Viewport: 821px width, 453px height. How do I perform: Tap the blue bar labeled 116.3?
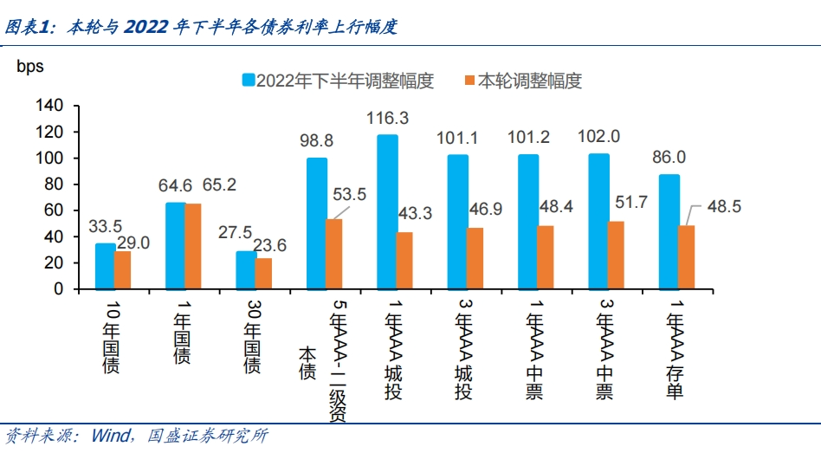click(x=387, y=212)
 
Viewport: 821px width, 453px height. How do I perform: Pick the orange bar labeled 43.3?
click(x=404, y=260)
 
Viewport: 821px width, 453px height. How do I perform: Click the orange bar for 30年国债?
click(x=263, y=273)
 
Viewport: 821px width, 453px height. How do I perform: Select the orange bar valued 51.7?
click(x=616, y=255)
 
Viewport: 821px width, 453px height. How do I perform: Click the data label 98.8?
click(x=317, y=140)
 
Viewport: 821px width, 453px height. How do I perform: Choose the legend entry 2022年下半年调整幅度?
click(x=339, y=81)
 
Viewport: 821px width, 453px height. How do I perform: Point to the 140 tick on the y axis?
click(x=48, y=106)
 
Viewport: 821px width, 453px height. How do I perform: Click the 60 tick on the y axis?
click(x=53, y=210)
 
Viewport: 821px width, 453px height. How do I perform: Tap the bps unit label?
click(x=29, y=66)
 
